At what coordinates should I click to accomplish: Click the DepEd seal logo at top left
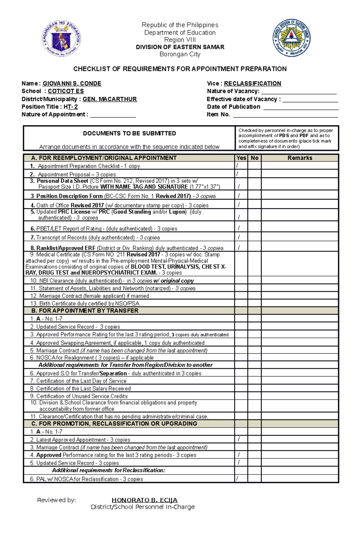tap(61, 39)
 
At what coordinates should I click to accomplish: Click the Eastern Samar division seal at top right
tap(291, 38)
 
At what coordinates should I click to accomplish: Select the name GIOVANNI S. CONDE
tap(72, 84)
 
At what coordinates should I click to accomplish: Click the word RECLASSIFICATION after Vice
tap(253, 84)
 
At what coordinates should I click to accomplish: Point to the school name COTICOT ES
tap(66, 91)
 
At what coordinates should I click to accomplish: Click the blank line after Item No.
tap(285, 115)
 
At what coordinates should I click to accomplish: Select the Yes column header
tap(241, 158)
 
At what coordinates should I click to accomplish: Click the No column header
tap(254, 158)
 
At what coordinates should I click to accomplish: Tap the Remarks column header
tap(300, 158)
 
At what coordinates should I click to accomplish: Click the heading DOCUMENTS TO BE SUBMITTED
tap(129, 133)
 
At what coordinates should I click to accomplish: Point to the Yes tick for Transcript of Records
tap(239, 237)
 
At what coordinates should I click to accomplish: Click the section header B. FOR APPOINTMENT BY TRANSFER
tap(85, 311)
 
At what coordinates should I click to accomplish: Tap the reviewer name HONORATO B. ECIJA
tap(144, 500)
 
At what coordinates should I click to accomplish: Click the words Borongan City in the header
tap(180, 54)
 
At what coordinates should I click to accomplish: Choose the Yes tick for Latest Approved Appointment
tap(239, 439)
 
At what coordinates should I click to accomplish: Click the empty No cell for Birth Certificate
tap(254, 303)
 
